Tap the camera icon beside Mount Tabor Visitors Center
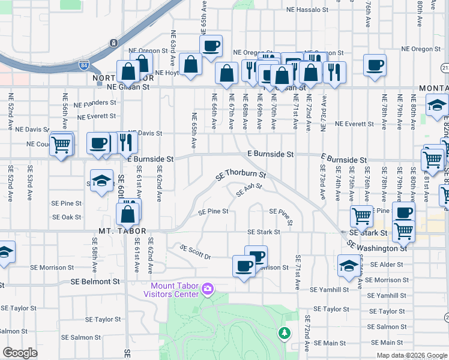(x=208, y=290)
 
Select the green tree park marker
(x=283, y=332)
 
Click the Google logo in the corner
(x=20, y=353)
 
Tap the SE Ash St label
(x=249, y=190)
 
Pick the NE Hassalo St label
(x=307, y=10)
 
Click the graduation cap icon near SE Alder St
(x=349, y=265)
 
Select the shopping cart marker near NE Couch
(x=61, y=144)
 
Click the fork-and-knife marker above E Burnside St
(x=126, y=142)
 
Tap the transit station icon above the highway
(x=113, y=43)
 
